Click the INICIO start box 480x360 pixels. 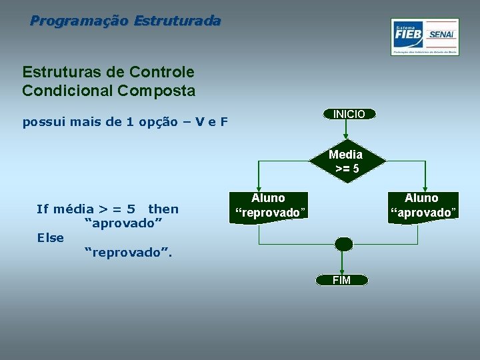[349, 114]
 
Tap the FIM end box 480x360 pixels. [341, 280]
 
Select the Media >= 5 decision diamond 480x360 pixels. [346, 161]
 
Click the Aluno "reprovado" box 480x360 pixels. [269, 206]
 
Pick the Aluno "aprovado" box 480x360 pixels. [423, 205]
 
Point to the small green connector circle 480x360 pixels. [343, 244]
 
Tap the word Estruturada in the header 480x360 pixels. [177, 21]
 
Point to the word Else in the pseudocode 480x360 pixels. [51, 238]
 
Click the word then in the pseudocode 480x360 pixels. [163, 209]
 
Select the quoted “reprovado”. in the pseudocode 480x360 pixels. [127, 253]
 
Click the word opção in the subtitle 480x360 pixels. [158, 122]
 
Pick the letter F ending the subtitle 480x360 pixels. [224, 122]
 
